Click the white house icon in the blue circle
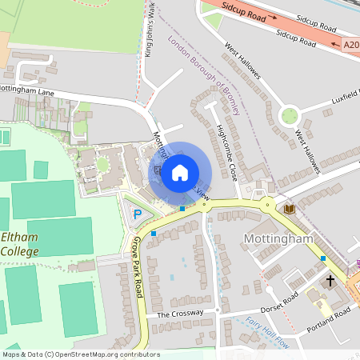(x=180, y=172)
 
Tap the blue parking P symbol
(x=138, y=214)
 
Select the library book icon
(x=289, y=209)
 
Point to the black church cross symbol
(x=330, y=281)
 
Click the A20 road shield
(x=350, y=46)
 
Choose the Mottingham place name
(x=274, y=239)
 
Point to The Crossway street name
(x=175, y=314)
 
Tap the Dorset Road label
(x=280, y=302)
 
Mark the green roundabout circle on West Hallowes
(x=290, y=115)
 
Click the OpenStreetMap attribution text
(x=80, y=354)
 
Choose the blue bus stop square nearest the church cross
(x=323, y=258)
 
